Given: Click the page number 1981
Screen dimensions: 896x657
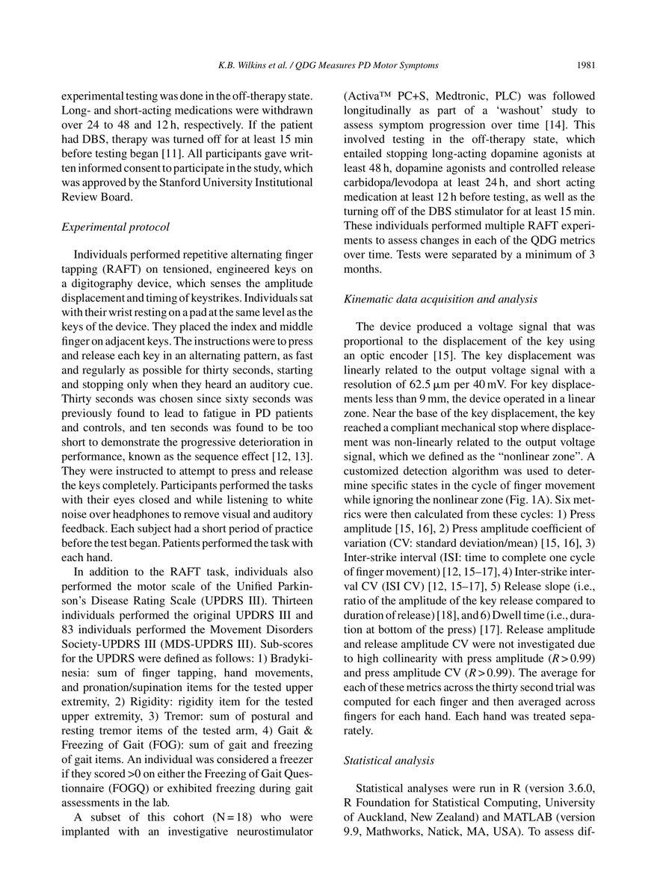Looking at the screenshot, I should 584,65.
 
